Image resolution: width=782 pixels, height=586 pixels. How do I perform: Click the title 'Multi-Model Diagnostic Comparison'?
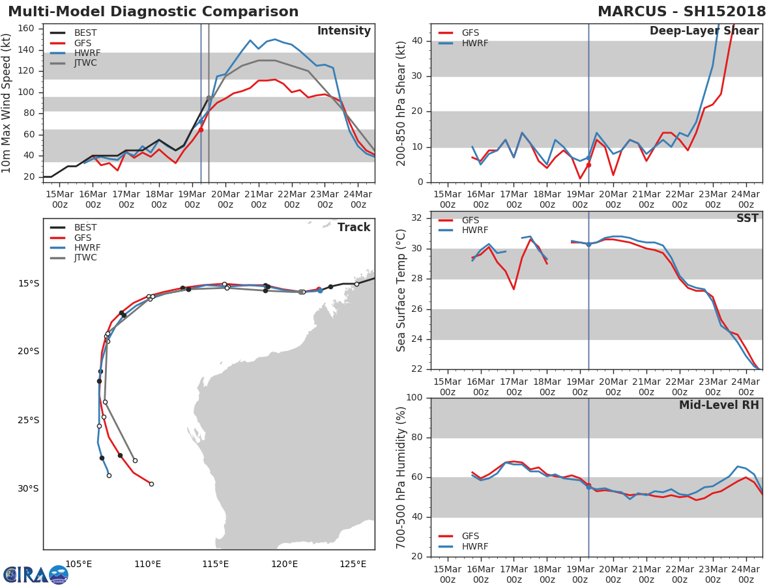153,12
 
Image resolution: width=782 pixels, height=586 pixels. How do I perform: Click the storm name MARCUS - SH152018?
682,12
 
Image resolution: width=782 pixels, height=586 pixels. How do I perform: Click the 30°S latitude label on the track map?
28,489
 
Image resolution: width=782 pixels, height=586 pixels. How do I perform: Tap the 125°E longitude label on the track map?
353,564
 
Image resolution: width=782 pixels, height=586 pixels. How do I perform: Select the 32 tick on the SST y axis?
418,218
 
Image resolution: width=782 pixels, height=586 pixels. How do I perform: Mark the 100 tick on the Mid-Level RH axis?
414,398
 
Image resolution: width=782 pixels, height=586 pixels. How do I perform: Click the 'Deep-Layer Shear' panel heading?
704,31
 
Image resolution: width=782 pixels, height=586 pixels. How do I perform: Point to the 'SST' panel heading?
747,218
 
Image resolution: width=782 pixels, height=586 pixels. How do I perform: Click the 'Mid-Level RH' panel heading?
718,405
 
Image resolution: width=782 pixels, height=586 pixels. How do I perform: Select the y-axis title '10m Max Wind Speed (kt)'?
7,103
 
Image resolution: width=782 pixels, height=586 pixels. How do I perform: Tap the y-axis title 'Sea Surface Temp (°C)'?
401,290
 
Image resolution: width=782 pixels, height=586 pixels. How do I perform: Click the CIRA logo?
35,574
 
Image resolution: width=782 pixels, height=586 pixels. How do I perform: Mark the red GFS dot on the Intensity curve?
201,130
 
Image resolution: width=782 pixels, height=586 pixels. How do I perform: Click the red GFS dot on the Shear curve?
588,165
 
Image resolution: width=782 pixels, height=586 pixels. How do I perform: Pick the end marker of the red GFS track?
151,484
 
